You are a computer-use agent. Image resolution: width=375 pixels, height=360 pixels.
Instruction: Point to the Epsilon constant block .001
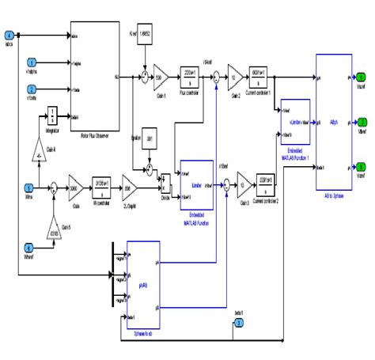(150, 139)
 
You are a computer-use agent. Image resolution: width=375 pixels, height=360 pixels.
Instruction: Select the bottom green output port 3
(360, 167)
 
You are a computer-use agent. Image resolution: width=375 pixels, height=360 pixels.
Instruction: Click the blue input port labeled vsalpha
(32, 63)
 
